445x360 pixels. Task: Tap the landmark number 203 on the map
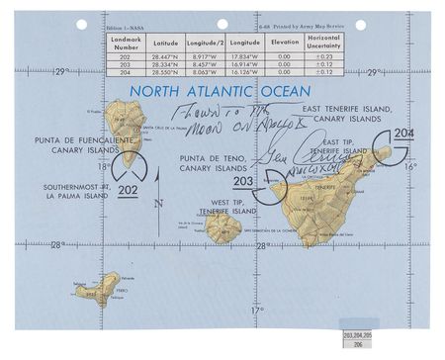click(x=242, y=181)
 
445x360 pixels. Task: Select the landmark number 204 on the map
click(x=403, y=134)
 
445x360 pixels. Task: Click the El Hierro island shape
click(x=97, y=289)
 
